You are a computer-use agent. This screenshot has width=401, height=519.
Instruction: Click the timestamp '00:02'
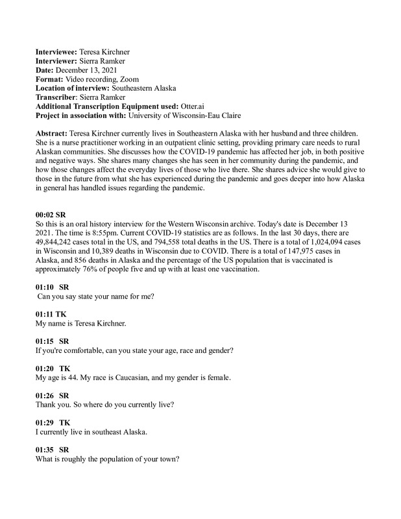click(x=44, y=213)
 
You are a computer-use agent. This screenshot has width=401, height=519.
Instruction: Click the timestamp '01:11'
click(x=44, y=313)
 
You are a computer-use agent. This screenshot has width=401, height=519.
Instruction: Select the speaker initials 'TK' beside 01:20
click(x=64, y=368)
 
